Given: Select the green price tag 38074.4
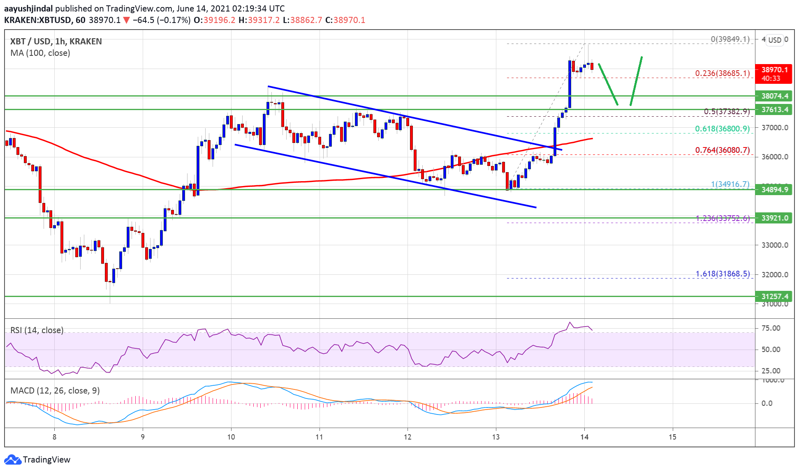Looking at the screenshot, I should click(x=774, y=96).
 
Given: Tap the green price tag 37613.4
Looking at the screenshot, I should click(x=774, y=110).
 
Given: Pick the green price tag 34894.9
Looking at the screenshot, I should click(x=774, y=190).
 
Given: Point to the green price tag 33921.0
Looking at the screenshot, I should click(x=774, y=218).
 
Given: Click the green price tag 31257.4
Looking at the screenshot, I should click(x=774, y=297).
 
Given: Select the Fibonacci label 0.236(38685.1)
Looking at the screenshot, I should click(x=722, y=74).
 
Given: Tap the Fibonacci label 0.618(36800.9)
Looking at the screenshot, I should click(x=722, y=129).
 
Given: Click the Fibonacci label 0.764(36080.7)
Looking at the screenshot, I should click(x=722, y=150).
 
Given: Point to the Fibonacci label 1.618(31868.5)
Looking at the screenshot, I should click(x=723, y=274).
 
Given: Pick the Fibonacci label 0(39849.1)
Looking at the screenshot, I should click(x=730, y=39).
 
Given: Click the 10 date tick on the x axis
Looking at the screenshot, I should click(x=231, y=437).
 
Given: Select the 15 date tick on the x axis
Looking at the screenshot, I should click(x=672, y=437).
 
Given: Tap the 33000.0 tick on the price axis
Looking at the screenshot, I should click(x=775, y=245).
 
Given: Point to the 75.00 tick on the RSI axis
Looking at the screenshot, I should click(x=771, y=328).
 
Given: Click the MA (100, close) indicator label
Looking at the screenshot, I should click(x=40, y=53).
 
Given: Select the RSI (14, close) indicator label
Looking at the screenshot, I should click(x=37, y=330).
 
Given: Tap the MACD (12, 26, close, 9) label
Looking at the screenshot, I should click(x=55, y=391).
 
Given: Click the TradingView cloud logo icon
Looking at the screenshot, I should click(x=12, y=460).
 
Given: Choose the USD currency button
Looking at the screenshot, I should click(x=775, y=40).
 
